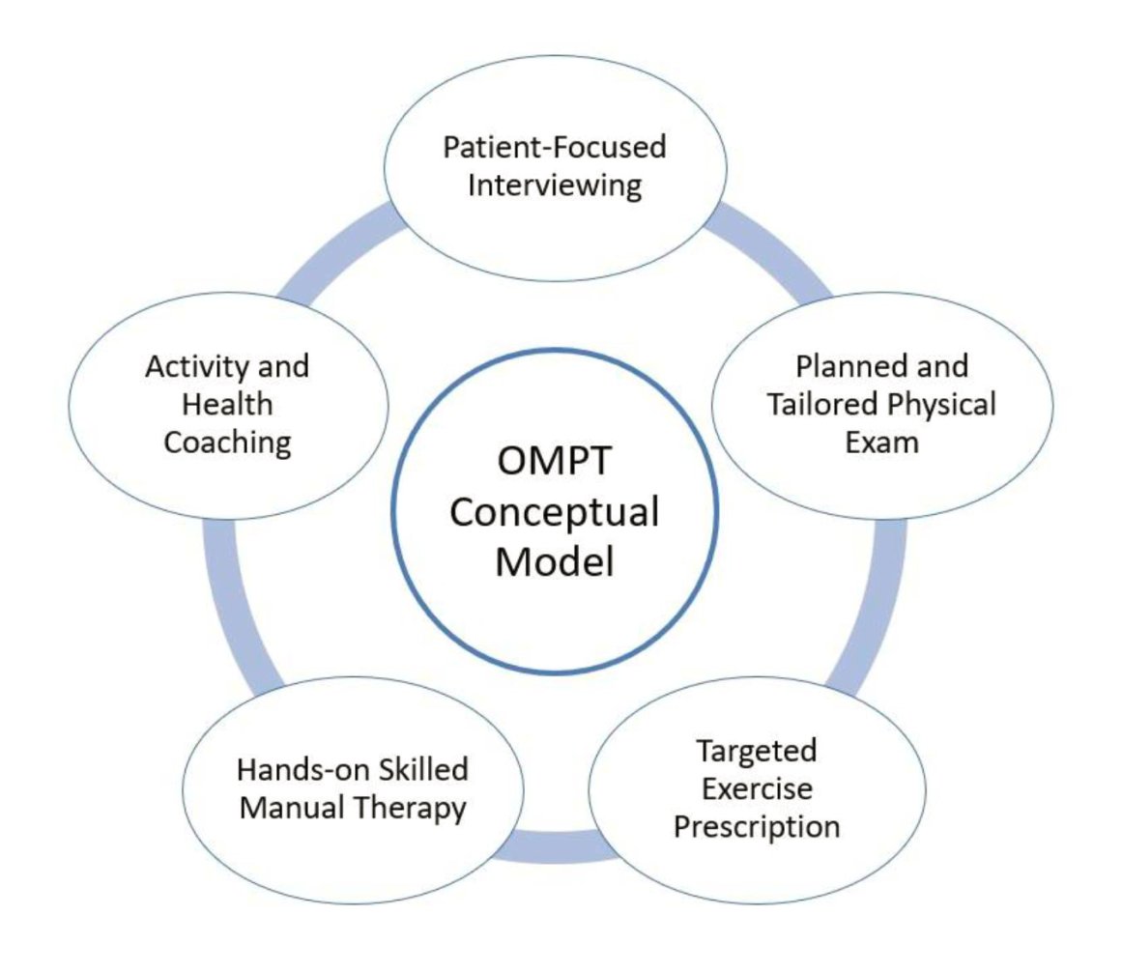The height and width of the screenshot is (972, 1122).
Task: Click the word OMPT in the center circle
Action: point(554,463)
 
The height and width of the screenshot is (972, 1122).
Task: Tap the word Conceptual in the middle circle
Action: point(554,512)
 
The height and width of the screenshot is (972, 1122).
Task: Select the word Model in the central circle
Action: point(554,561)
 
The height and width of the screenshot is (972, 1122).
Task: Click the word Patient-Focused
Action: point(555,148)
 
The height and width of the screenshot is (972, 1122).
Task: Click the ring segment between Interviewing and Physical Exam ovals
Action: point(768,251)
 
